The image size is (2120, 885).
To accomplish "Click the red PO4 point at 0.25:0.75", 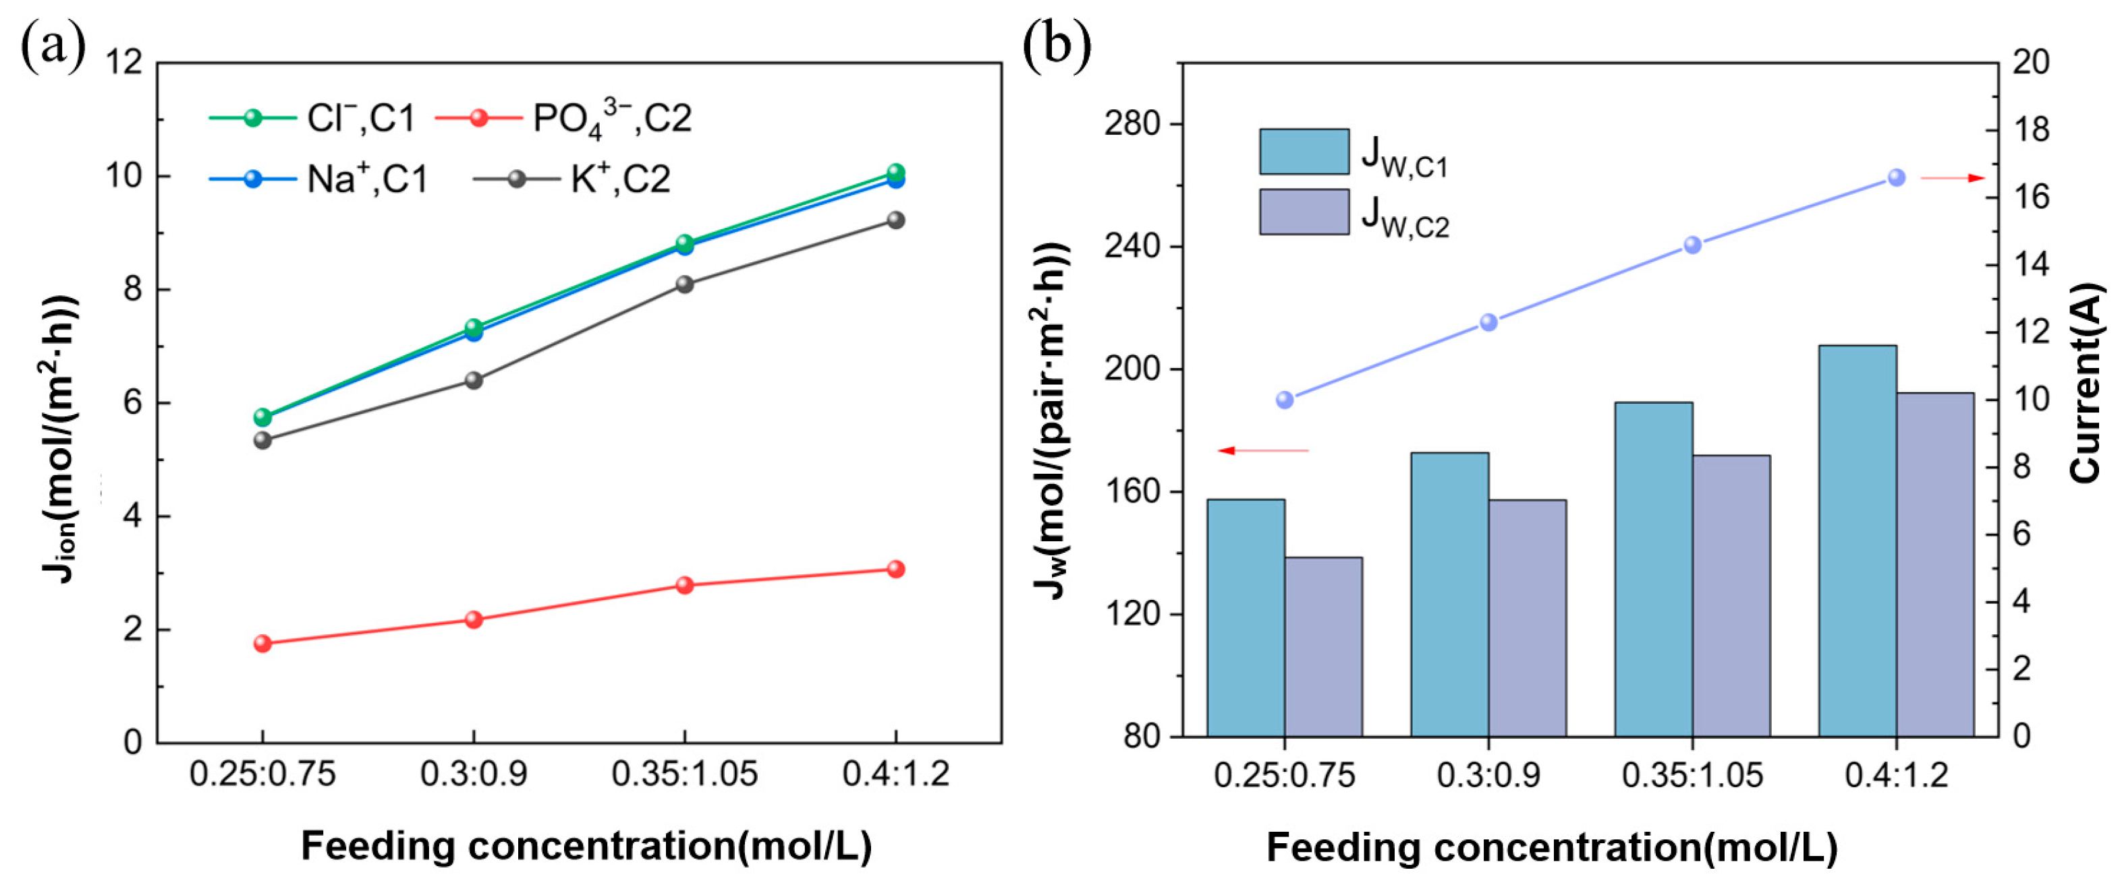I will (262, 643).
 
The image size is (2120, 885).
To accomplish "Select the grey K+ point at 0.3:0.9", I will (474, 380).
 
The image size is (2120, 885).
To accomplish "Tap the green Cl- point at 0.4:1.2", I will (895, 172).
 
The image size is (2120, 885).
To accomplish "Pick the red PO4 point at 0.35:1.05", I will (685, 585).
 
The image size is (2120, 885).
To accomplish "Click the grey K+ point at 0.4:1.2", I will (895, 220).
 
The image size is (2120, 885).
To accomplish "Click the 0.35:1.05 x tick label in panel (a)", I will (685, 774).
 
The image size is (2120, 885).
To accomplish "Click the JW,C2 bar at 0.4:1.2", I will (1935, 564).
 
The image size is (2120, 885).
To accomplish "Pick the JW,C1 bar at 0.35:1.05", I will (1653, 568).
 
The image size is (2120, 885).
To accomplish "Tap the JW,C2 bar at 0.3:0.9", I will (1528, 617).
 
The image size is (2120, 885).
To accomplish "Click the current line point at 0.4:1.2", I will (1896, 178).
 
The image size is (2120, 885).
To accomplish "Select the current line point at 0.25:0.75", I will (1285, 400).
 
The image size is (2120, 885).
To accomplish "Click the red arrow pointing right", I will (1952, 178).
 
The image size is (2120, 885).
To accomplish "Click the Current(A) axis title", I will (2086, 382).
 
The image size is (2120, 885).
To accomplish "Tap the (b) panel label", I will (1057, 45).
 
